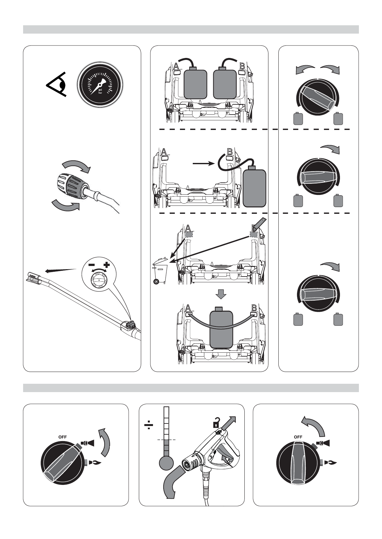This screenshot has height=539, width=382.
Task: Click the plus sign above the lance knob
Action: click(106, 265)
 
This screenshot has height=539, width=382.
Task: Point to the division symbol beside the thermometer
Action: click(149, 425)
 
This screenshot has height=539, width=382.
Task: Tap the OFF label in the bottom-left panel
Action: click(63, 437)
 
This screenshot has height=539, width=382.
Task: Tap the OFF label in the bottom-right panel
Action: click(298, 437)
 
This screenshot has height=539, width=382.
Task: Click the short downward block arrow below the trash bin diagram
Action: click(221, 294)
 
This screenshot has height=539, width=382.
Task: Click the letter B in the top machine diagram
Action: click(242, 66)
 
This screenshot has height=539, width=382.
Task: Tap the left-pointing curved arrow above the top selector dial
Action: click(305, 69)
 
